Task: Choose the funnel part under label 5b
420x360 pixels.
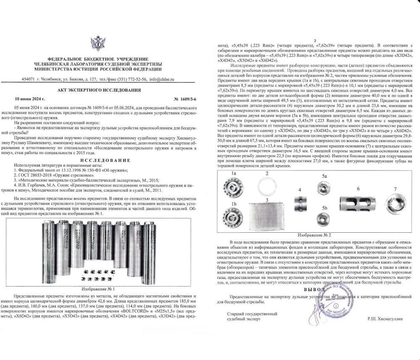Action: pyautogui.click(x=323, y=219)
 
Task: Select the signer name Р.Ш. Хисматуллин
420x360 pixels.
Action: pyautogui.click(x=384, y=319)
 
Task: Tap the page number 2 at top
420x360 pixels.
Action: pyautogui.click(x=314, y=41)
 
